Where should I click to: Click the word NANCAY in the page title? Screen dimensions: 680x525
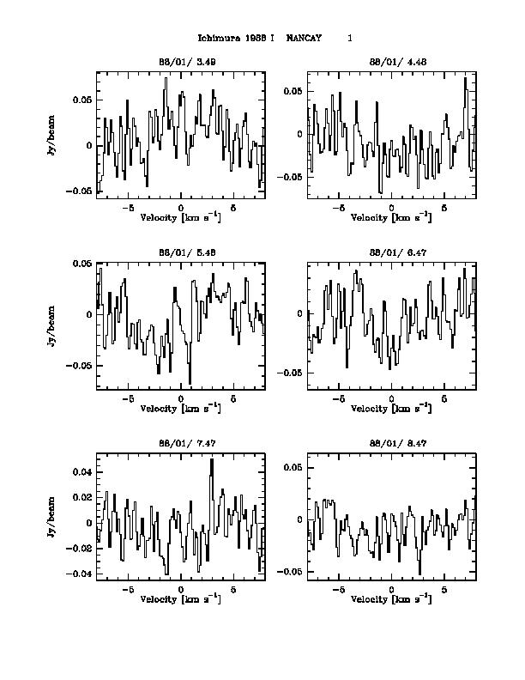coord(304,38)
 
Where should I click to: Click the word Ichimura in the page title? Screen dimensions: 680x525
coord(214,38)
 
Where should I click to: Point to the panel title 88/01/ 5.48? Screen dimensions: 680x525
coord(180,252)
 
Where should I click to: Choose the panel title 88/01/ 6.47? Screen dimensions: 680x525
coord(391,252)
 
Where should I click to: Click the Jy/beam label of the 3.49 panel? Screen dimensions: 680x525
coord(52,138)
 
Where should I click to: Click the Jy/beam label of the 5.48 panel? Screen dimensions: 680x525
coord(52,327)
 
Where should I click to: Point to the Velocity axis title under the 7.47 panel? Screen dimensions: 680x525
coord(180,598)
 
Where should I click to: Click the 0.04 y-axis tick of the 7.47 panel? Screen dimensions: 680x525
coord(82,471)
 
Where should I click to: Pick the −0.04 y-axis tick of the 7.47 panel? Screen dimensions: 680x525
coord(80,574)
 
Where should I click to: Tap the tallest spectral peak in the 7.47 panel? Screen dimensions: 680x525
coord(211,460)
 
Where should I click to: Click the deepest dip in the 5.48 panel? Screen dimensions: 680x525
coord(190,383)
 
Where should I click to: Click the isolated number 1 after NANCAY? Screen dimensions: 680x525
coord(350,38)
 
